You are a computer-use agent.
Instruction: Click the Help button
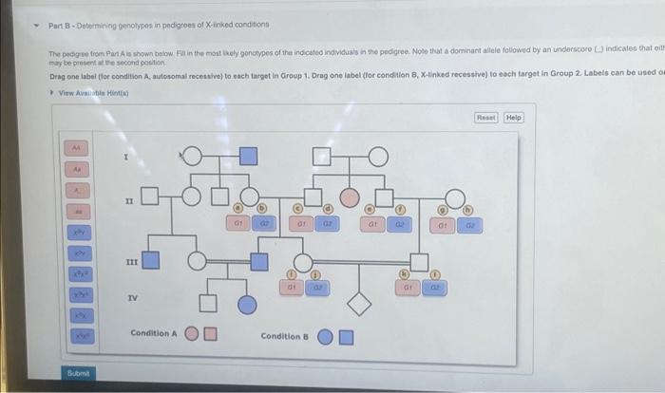pyautogui.click(x=514, y=117)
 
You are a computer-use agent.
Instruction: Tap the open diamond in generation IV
pyautogui.click(x=358, y=304)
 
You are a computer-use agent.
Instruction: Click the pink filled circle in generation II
pyautogui.click(x=350, y=196)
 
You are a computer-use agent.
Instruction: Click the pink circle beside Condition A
pyautogui.click(x=191, y=334)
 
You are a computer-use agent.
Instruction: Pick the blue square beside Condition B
pyautogui.click(x=347, y=336)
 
